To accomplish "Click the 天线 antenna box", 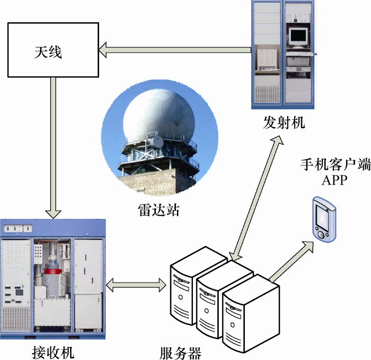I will (52, 50).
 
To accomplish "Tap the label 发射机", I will (284, 123).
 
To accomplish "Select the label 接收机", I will (53, 351).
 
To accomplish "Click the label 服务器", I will (180, 352).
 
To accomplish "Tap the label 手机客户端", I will (335, 165).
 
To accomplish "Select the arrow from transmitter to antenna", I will (175, 50).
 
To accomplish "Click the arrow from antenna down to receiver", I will (53, 148).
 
